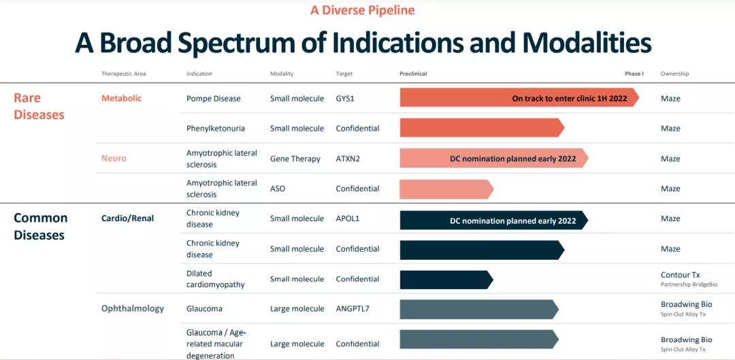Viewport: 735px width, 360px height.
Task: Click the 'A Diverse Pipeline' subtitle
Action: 362,10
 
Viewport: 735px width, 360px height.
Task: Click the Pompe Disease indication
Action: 213,99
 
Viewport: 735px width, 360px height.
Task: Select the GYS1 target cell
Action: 345,99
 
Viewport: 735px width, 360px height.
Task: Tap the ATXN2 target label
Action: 347,159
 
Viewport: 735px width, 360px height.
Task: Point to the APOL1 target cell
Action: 347,218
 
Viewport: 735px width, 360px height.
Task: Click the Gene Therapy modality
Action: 295,159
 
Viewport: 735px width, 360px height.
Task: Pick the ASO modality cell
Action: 278,189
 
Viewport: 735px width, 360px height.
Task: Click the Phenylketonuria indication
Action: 216,129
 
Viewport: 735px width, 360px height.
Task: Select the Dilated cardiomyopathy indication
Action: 215,279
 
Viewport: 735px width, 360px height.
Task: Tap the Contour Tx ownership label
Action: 680,275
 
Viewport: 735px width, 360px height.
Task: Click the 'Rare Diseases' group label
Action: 39,106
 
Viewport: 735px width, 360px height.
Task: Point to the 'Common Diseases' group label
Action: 40,227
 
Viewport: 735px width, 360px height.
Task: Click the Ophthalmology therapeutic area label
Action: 133,308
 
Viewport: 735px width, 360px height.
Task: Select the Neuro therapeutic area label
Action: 114,159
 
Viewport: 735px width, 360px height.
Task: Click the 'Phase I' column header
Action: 634,73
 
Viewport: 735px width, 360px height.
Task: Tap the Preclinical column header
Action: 413,73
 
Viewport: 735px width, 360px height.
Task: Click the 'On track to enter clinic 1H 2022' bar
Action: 519,98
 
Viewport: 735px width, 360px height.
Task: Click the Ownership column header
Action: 674,73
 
